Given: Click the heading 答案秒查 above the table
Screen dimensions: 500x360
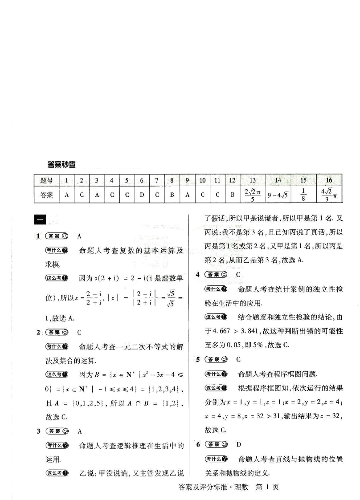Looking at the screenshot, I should click(61, 164).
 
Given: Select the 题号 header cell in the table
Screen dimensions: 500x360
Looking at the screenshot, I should click(46, 180).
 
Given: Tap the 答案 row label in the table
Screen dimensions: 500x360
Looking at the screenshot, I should click(46, 195).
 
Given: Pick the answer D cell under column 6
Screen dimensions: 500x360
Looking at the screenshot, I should click(142, 195).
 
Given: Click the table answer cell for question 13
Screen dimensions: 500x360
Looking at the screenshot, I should click(252, 195).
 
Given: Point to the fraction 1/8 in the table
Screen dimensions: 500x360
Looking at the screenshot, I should click(303, 195).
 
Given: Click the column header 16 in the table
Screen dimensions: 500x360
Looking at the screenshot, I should click(329, 180).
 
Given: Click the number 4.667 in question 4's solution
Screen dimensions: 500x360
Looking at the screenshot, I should click(216, 331).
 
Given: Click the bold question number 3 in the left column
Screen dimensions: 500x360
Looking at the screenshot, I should click(38, 431).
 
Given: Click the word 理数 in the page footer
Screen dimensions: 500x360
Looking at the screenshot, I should click(244, 488).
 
